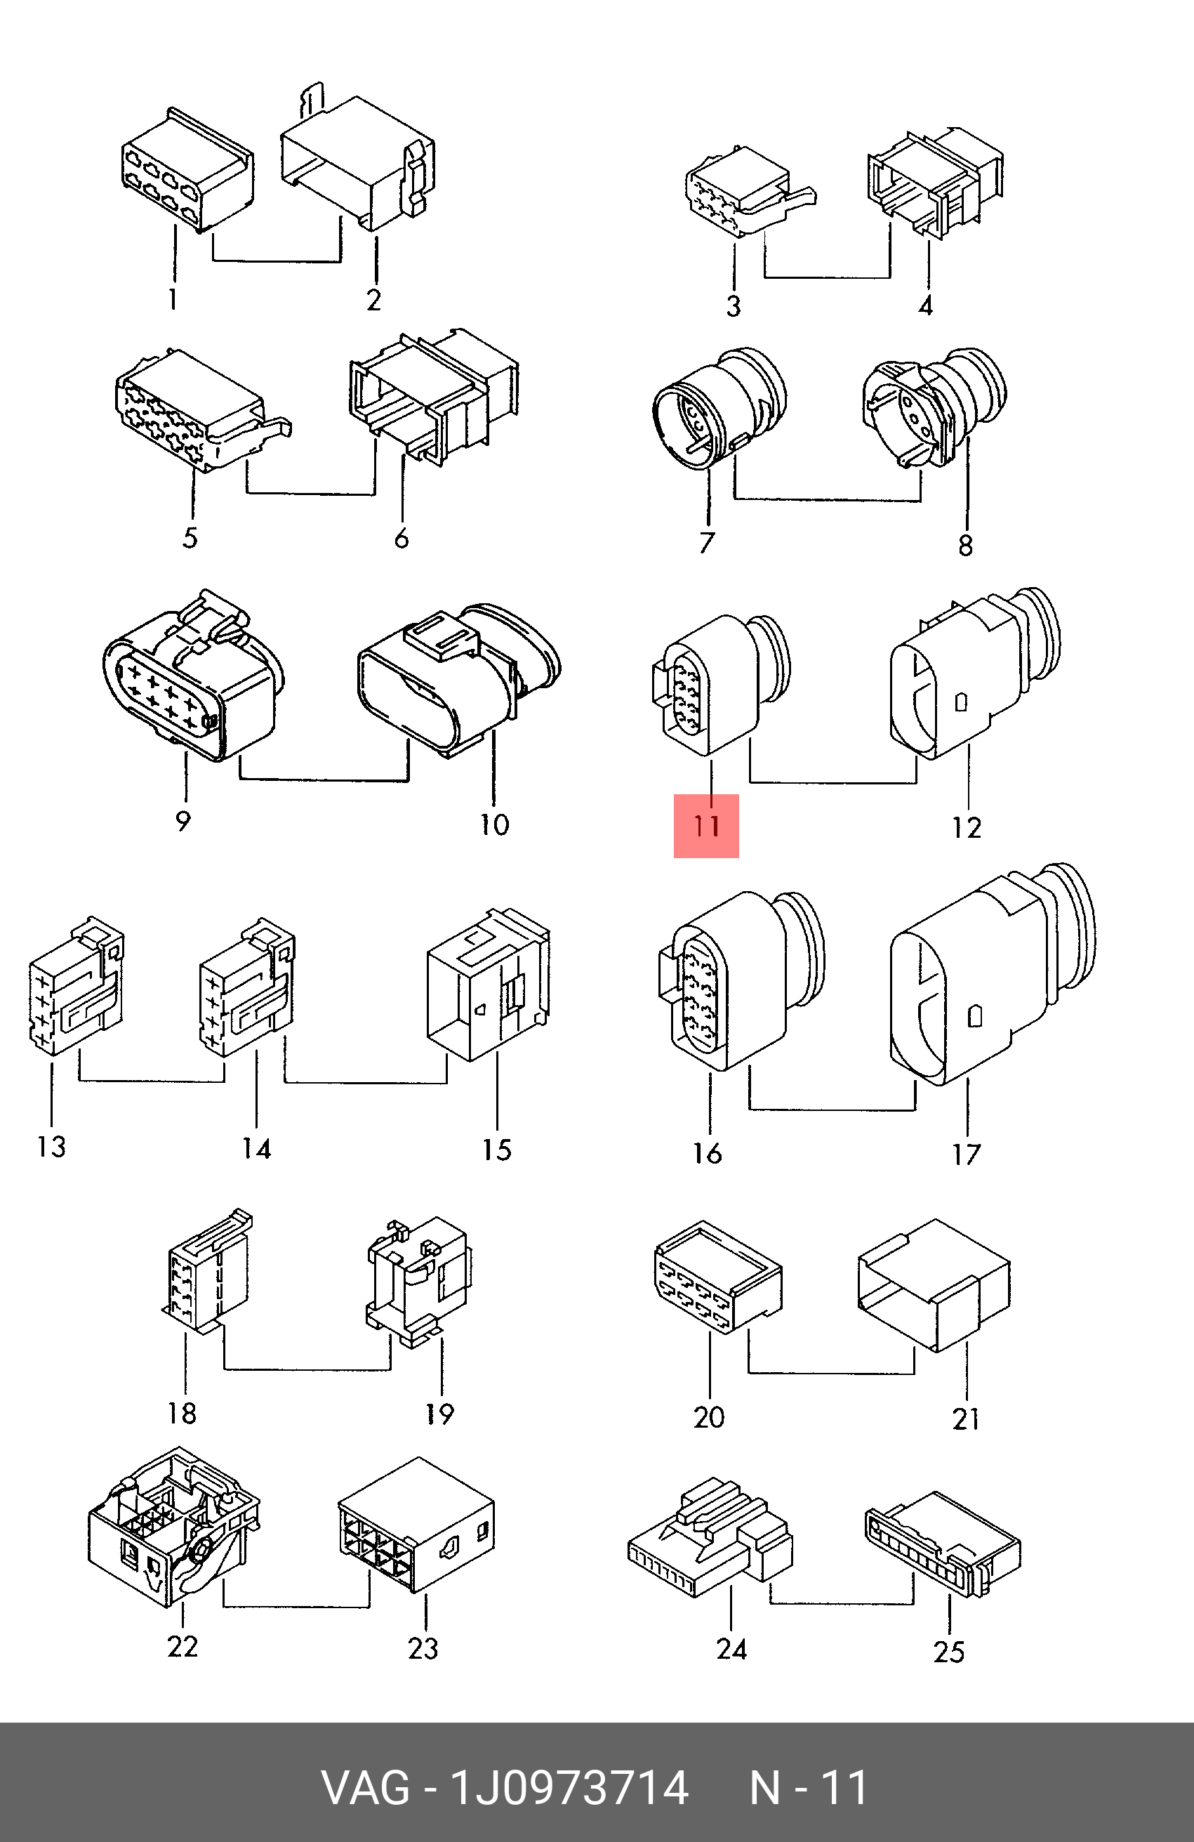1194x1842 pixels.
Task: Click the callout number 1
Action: click(173, 298)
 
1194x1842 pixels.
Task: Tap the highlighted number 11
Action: click(705, 826)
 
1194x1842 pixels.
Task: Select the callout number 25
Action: click(949, 1652)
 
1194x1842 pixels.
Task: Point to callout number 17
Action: click(967, 1154)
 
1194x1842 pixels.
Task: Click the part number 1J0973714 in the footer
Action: click(569, 1788)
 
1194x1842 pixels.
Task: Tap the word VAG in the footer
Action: click(366, 1788)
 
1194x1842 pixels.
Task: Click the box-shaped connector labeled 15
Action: click(488, 987)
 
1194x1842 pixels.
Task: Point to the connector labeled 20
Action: click(716, 1277)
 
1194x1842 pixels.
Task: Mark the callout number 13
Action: click(52, 1147)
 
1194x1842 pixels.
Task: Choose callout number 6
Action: click(402, 538)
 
